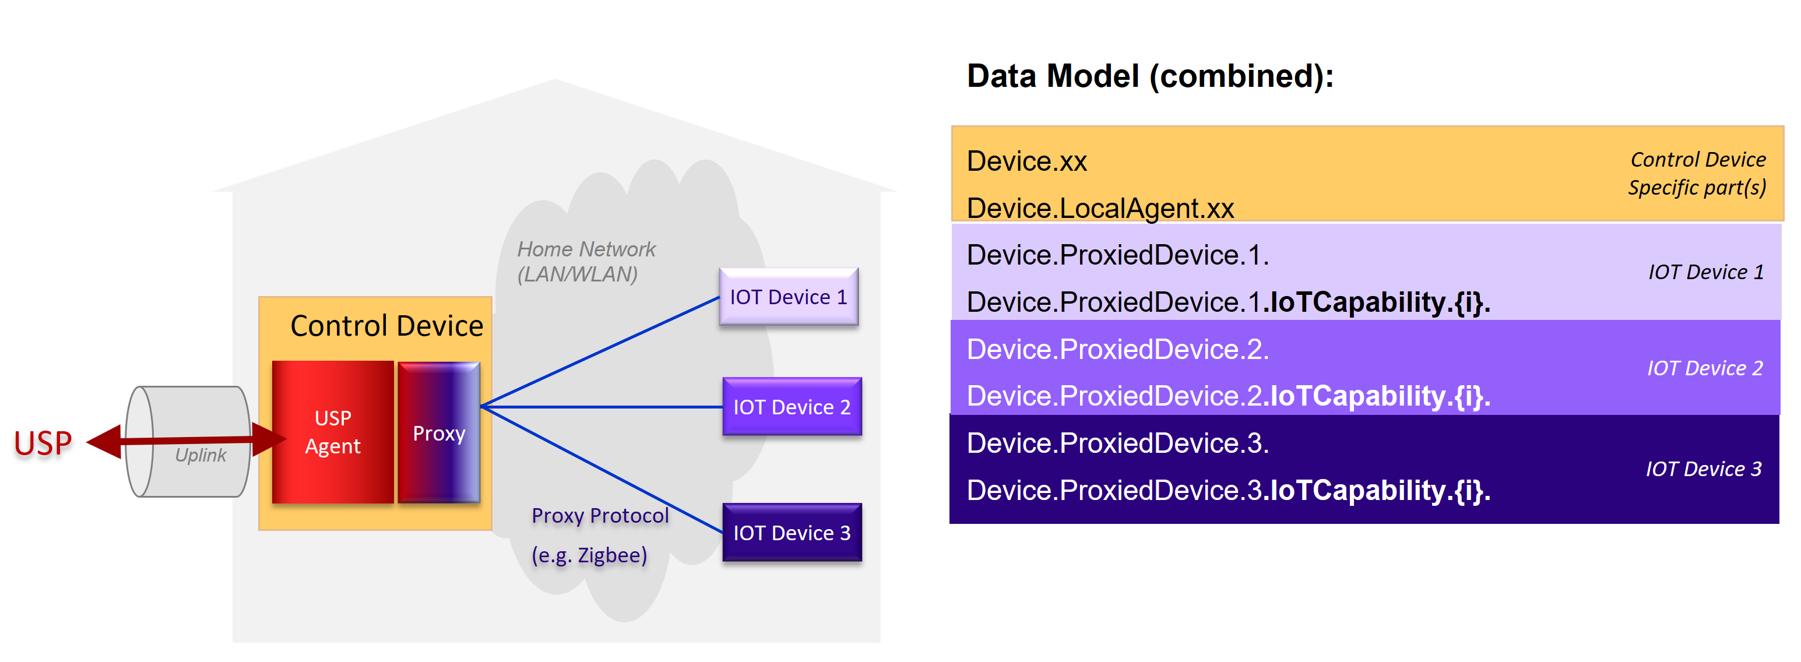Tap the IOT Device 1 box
(788, 297)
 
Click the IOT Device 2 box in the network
(791, 407)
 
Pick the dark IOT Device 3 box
(791, 533)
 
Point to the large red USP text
(43, 443)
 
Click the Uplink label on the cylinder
(200, 455)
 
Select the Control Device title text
(386, 326)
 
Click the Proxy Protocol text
(599, 515)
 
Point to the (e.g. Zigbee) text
(589, 555)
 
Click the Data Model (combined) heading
(1149, 76)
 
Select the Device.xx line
(1026, 161)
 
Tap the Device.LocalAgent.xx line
(1100, 208)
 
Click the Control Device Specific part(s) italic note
(1697, 173)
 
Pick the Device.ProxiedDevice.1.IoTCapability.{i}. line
(1227, 302)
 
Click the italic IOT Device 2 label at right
(1704, 368)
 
